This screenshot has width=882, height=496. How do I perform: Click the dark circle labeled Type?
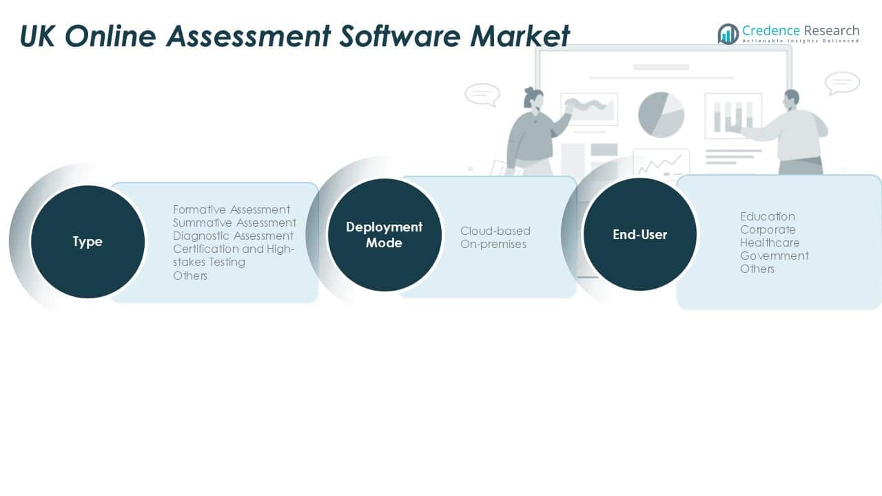click(88, 242)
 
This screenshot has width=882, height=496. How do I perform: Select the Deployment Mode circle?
click(384, 234)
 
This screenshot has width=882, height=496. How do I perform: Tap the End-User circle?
click(639, 234)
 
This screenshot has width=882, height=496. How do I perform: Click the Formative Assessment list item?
click(232, 209)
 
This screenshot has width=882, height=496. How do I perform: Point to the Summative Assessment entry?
click(234, 223)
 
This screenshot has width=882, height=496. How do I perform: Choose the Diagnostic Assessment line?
click(233, 236)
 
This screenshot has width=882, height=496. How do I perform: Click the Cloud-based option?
click(495, 231)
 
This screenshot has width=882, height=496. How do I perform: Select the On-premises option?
click(493, 244)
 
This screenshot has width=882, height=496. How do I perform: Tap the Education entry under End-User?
click(768, 216)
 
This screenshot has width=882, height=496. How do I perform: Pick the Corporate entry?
click(768, 229)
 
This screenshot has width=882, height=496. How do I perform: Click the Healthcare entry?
click(770, 242)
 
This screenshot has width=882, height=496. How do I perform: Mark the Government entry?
click(775, 256)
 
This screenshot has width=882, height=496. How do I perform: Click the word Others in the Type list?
click(190, 276)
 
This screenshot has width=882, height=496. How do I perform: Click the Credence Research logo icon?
click(728, 34)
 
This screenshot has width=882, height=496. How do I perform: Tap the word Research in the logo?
click(831, 30)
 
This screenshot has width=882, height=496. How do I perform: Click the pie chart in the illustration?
click(661, 114)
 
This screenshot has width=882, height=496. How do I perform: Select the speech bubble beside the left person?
click(482, 94)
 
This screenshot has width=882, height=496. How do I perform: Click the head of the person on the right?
click(792, 97)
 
